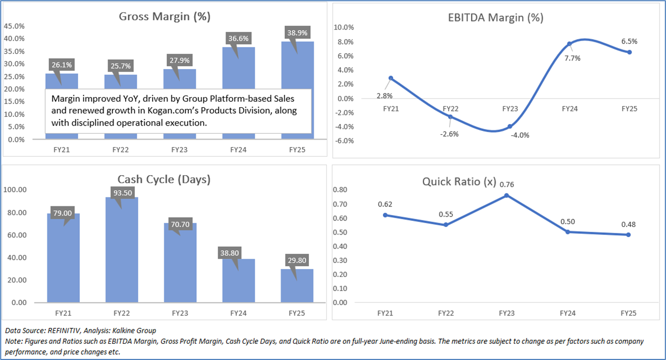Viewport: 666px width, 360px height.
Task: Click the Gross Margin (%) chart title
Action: [x=164, y=16]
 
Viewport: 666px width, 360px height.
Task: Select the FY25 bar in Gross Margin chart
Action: [x=297, y=92]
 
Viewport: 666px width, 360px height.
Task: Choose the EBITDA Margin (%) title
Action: [x=496, y=17]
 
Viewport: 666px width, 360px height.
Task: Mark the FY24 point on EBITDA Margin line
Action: [x=569, y=44]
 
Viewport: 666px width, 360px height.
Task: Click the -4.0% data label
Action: [x=519, y=135]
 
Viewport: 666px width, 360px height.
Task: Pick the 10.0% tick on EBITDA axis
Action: [x=344, y=27]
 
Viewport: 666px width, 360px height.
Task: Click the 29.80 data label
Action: [x=297, y=260]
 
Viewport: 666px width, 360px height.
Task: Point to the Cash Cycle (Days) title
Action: [x=164, y=179]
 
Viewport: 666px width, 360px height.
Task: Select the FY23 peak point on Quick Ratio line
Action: [x=506, y=195]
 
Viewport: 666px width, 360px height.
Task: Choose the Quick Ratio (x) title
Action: [x=459, y=182]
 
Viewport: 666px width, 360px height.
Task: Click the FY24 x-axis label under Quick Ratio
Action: [x=568, y=313]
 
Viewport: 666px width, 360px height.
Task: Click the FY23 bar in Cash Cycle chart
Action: [x=181, y=263]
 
